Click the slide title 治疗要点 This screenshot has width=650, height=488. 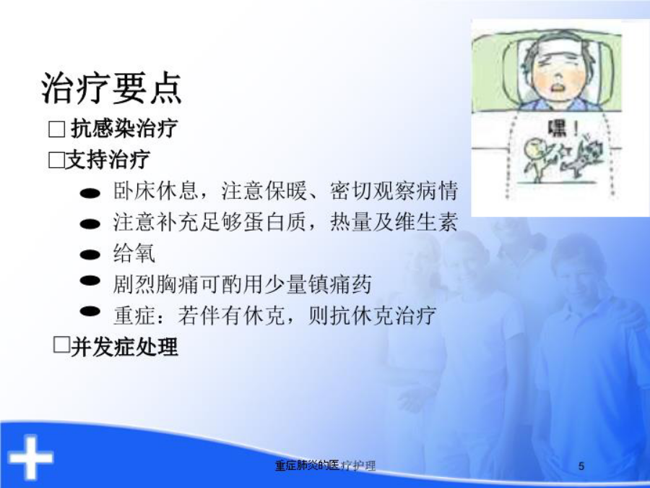pos(111,88)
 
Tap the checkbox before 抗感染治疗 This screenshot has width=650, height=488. pos(57,129)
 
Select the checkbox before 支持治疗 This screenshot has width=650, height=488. pos(56,160)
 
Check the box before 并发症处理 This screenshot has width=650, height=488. pos(62,345)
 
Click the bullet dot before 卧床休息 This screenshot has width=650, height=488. pos(90,193)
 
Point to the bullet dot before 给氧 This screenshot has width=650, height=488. pos(90,254)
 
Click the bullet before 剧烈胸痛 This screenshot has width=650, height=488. pos(90,281)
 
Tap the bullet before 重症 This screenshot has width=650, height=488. pos(90,311)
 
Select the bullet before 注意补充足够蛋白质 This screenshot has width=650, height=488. pos(90,224)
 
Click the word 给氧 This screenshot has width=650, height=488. pos(134,253)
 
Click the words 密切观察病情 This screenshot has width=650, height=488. pos(394,191)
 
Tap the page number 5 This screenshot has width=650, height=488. pos(581,466)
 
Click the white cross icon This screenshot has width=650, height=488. pos(30,458)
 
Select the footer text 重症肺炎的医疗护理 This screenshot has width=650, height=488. pos(326,466)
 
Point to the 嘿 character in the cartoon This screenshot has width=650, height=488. pos(557,129)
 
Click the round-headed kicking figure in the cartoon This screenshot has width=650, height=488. pos(537,160)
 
